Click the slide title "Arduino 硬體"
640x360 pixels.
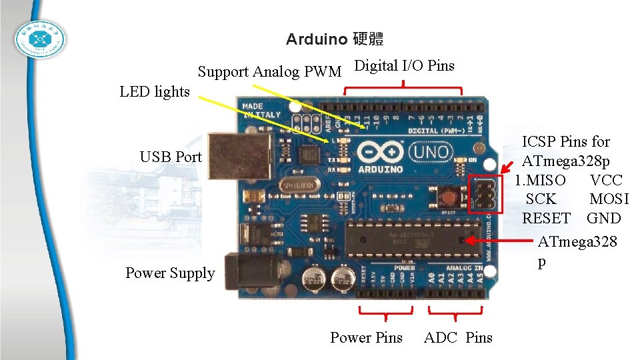coord(335,39)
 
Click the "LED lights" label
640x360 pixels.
coord(155,92)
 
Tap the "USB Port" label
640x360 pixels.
coord(171,157)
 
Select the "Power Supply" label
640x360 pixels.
coord(170,273)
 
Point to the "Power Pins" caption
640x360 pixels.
coord(366,337)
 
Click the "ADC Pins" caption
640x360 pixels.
coord(458,337)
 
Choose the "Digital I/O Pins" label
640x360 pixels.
coord(404,65)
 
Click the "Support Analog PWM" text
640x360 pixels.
coord(269,71)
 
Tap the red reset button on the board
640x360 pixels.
coord(448,196)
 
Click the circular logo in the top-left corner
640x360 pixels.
coord(41,41)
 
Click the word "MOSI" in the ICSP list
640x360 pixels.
coord(609,199)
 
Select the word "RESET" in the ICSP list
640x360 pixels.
coord(546,218)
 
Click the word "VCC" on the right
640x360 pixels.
coord(606,180)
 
